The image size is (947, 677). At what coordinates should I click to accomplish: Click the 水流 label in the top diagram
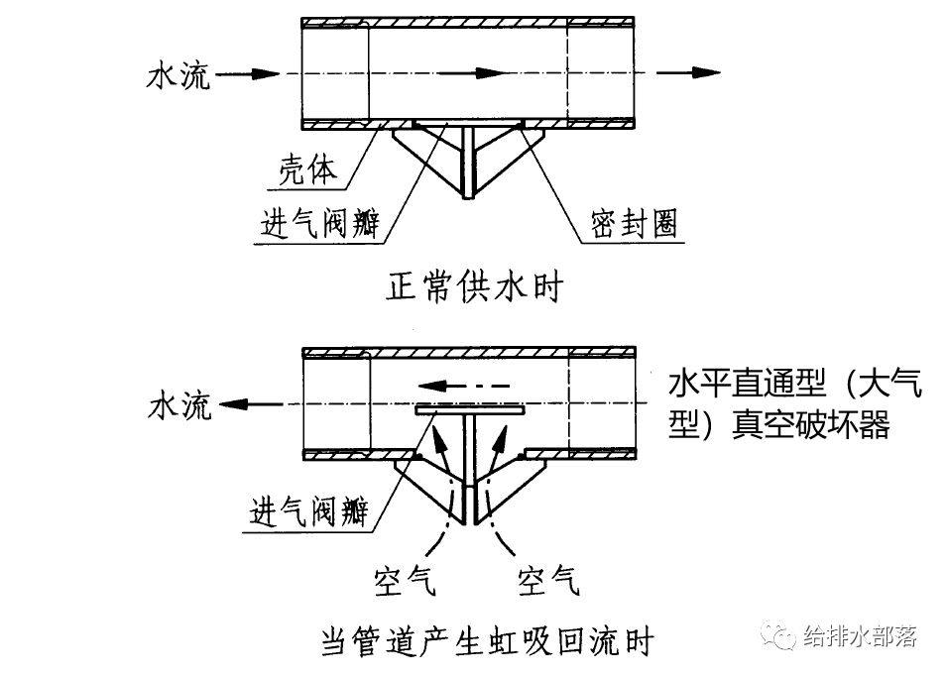[x=178, y=75]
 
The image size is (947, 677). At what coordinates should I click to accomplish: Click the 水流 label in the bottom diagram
[x=179, y=405]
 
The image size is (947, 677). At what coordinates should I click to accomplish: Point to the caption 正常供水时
[x=474, y=287]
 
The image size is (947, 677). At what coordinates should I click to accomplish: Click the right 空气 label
[x=548, y=579]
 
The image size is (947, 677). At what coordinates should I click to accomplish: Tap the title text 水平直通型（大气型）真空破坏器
[x=794, y=403]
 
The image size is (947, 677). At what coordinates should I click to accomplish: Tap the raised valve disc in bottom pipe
[x=470, y=408]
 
